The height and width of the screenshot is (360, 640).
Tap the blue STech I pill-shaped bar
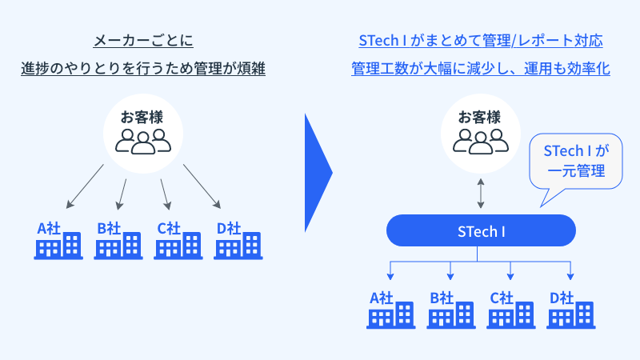coord(481,232)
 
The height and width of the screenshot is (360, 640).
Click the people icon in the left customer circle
coord(144,141)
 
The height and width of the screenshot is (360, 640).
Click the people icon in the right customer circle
coord(481,141)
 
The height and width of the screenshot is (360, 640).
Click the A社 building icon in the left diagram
coord(59,246)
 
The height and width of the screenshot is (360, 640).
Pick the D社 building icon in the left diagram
coord(238,246)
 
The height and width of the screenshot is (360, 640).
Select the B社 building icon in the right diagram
coord(451,314)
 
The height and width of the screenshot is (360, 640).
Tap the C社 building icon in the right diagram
coord(512,314)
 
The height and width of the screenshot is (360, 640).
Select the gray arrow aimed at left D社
coord(202,185)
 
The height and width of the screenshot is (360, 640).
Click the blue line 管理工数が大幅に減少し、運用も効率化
coord(481,69)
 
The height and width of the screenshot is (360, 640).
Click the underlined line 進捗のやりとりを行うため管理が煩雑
coord(144,69)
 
